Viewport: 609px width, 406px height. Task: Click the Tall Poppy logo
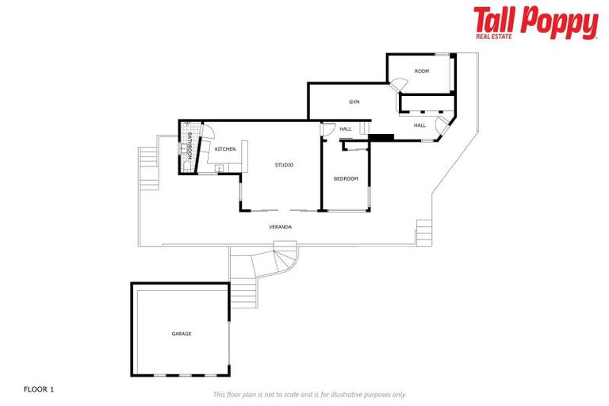[535, 21]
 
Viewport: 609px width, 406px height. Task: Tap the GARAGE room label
[182, 334]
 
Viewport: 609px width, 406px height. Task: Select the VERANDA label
[280, 228]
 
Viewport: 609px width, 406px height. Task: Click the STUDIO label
[284, 165]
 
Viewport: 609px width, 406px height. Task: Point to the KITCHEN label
[225, 149]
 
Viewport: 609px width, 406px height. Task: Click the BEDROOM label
[346, 178]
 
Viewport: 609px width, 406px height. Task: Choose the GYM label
[354, 102]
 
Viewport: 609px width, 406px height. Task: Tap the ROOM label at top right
[421, 71]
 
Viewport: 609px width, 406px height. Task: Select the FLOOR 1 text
[40, 389]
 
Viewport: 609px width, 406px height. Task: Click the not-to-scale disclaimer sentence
[310, 394]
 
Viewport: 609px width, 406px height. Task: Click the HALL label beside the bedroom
[346, 129]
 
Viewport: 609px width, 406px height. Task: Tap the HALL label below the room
[419, 125]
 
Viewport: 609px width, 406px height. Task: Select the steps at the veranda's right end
[424, 232]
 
